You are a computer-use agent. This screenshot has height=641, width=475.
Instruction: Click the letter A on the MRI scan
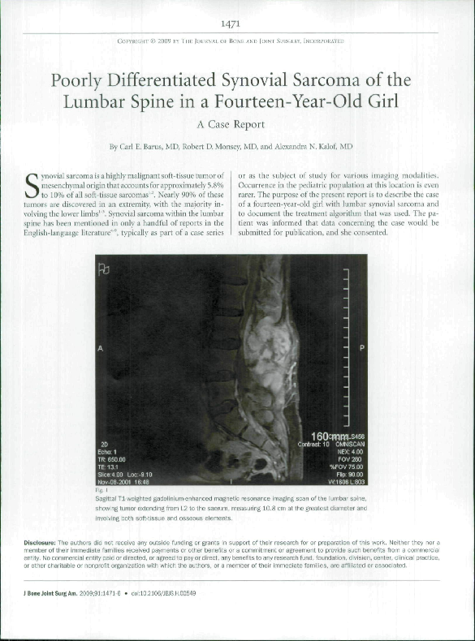pyautogui.click(x=101, y=348)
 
